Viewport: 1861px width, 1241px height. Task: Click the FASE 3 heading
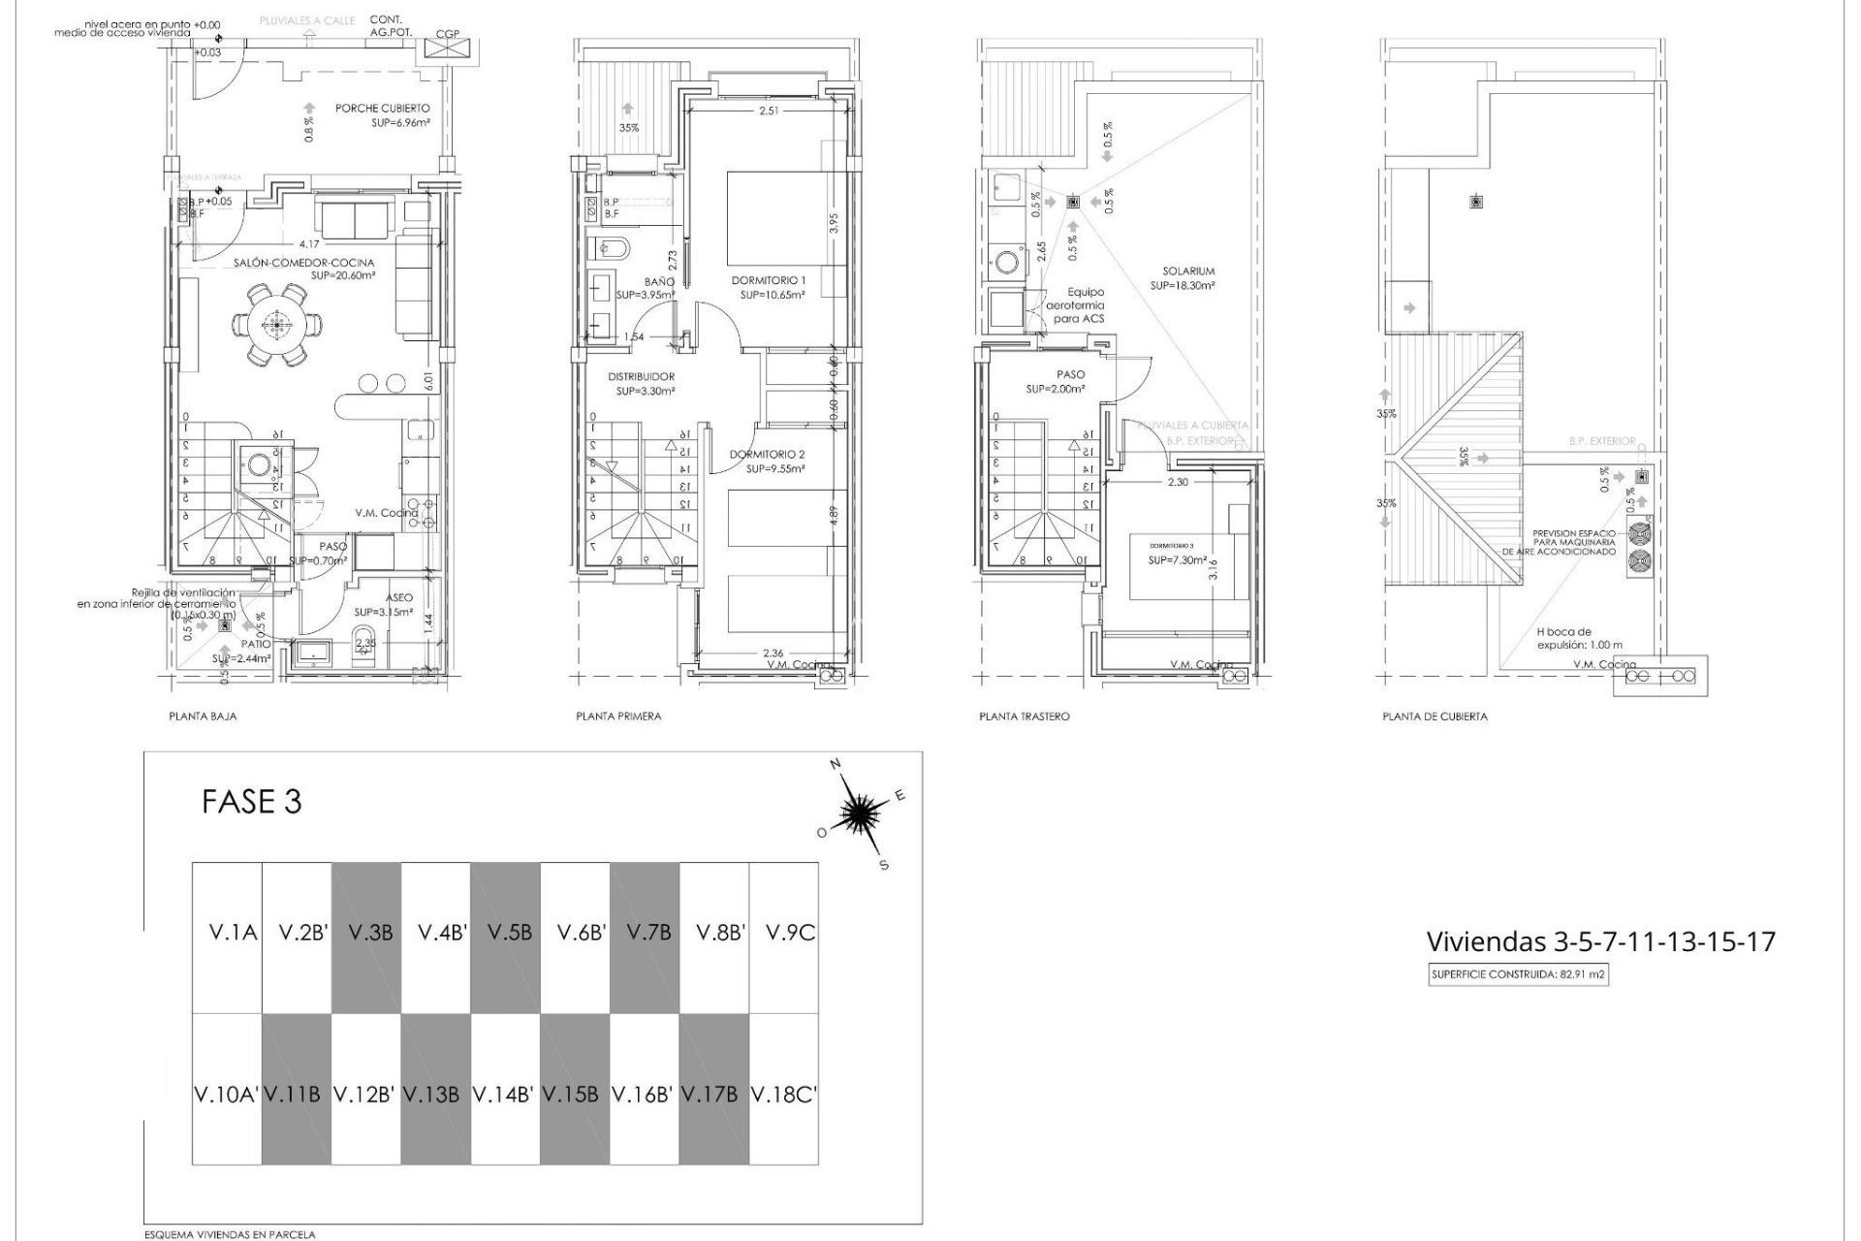click(252, 802)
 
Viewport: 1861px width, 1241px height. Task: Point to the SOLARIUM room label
click(1188, 271)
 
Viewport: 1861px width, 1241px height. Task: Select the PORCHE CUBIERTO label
click(383, 109)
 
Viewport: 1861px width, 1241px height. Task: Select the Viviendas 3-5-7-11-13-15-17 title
click(1600, 941)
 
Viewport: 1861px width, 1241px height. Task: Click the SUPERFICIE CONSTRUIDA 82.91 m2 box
click(1519, 975)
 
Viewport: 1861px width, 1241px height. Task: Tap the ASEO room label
click(398, 598)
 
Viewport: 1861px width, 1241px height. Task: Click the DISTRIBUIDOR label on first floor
click(641, 376)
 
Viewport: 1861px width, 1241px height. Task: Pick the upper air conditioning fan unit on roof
click(1639, 534)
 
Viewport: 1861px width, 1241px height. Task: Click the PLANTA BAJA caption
click(203, 716)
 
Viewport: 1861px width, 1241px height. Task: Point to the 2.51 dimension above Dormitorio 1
click(769, 111)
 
